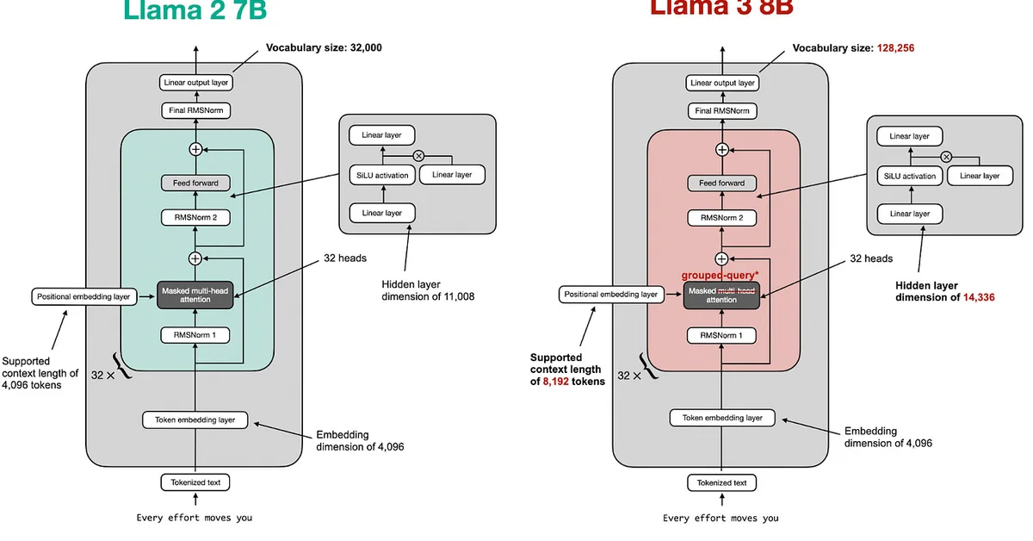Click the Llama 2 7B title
click(195, 10)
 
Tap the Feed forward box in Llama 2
click(195, 183)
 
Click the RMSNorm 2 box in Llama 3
click(721, 217)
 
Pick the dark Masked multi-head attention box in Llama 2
click(195, 295)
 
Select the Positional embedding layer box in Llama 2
click(84, 296)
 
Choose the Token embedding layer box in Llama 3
click(722, 418)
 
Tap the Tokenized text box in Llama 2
click(195, 482)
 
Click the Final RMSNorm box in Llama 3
click(721, 110)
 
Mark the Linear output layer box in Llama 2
click(195, 83)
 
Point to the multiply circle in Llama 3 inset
click(946, 156)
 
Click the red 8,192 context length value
click(557, 381)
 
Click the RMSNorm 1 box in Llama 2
click(195, 335)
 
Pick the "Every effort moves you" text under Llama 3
click(721, 518)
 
